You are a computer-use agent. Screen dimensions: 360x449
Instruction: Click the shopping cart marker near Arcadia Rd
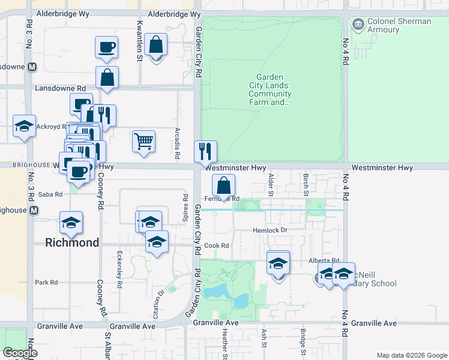click(x=144, y=142)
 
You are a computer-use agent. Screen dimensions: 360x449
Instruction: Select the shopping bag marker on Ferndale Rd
click(x=223, y=185)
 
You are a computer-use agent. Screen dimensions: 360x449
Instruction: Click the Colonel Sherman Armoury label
click(x=399, y=25)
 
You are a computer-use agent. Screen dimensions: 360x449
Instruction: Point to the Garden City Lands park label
click(x=273, y=89)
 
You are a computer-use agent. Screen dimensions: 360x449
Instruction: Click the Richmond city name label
click(x=73, y=242)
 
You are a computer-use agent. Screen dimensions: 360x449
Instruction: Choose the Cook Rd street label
click(x=217, y=245)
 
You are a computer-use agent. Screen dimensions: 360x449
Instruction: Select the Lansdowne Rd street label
click(x=61, y=88)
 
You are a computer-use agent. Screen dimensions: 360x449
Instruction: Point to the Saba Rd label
click(x=50, y=194)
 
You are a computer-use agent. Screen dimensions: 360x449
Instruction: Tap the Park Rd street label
click(x=46, y=282)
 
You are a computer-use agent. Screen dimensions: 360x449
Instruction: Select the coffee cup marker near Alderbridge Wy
click(x=106, y=47)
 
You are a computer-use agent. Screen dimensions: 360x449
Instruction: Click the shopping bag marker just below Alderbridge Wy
click(x=155, y=45)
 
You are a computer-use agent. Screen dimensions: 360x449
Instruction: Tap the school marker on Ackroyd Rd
click(x=24, y=126)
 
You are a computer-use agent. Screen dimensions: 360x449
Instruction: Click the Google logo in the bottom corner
click(x=20, y=353)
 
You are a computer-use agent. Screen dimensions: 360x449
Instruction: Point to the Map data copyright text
click(x=411, y=355)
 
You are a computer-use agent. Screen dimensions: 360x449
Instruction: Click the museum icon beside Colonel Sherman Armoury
click(x=358, y=25)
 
